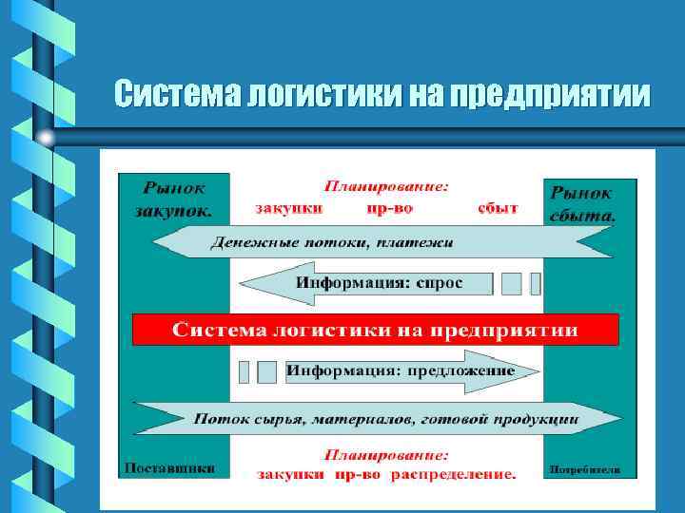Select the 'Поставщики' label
click(x=168, y=467)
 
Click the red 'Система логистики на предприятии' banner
click(x=375, y=330)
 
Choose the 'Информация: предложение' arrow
click(x=400, y=370)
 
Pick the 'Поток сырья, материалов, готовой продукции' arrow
click(x=385, y=417)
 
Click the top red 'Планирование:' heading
click(x=387, y=186)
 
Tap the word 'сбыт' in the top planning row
click(x=499, y=206)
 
